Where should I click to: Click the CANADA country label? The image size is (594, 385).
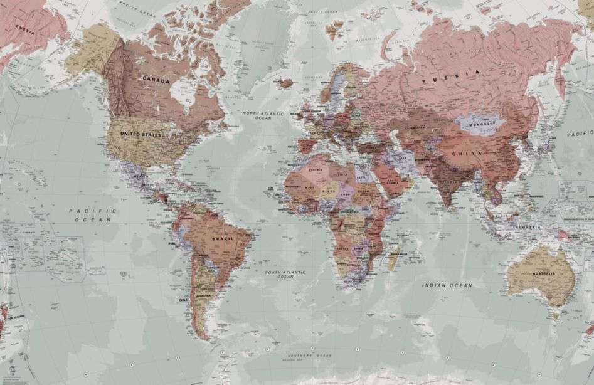point(156,80)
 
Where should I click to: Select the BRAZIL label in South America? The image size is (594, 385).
point(223,239)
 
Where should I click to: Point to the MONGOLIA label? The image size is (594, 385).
point(482,124)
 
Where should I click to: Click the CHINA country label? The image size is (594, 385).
point(470,153)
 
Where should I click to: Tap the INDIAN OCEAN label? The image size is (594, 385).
point(447,285)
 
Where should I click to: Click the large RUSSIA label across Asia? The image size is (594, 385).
point(451,77)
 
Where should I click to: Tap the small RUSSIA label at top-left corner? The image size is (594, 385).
point(25,29)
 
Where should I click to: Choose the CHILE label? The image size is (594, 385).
point(183,300)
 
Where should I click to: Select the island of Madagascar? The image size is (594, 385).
point(393,257)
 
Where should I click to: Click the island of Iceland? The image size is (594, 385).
point(286,83)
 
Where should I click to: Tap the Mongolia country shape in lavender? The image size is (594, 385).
point(482,122)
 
